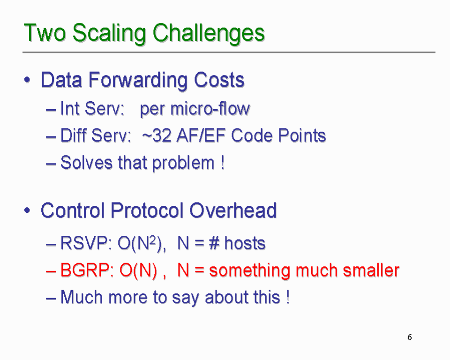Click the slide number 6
coord(410,337)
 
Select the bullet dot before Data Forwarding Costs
coord(27,80)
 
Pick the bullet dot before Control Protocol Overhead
coord(27,210)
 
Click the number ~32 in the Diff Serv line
coord(157,135)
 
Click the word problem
coord(183,163)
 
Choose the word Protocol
coord(147,210)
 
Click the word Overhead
coord(233,210)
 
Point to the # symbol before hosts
coord(214,243)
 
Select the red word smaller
coord(371,270)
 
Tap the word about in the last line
coord(223,297)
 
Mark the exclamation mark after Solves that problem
coord(223,163)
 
